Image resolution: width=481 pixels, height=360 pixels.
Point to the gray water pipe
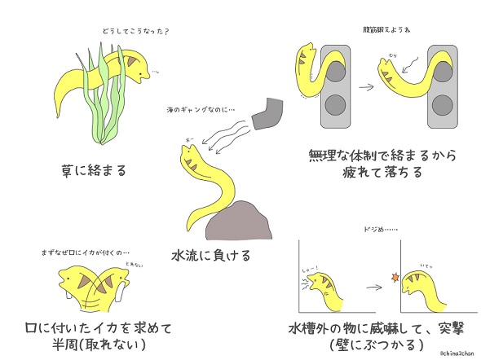(267, 114)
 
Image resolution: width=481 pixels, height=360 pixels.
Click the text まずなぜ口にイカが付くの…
(88, 250)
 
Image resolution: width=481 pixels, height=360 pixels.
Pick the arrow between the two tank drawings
(379, 286)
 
